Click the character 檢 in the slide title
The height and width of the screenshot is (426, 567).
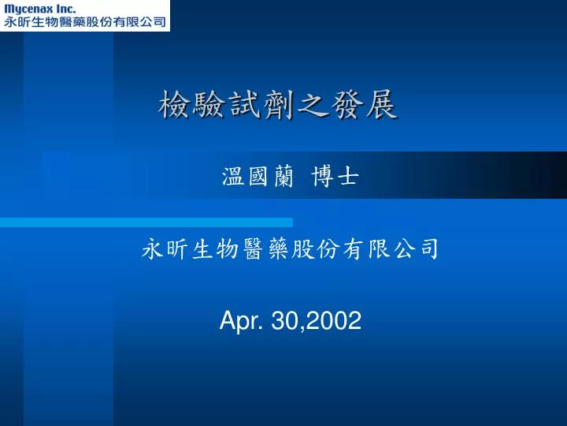pos(174,105)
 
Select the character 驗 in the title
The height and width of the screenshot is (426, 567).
pos(208,105)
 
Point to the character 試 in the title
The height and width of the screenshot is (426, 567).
pos(243,105)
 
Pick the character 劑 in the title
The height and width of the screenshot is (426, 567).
pos(278,105)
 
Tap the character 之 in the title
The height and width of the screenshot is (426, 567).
pos(312,105)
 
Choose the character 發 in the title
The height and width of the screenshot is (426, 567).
pos(346,105)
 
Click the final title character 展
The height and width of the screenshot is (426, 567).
pos(381,105)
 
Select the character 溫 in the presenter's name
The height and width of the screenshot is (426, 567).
pos(233,177)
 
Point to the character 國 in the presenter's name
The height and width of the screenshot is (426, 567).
pos(258,177)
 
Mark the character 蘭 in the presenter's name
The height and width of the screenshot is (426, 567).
pos(283,177)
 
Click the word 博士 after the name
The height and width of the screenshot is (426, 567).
pos(335,177)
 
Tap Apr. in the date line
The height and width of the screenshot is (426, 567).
pos(241,321)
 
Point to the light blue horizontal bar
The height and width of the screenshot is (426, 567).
pos(146,222)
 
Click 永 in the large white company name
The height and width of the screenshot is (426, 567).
pos(152,248)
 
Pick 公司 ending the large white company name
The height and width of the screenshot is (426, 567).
pos(417,248)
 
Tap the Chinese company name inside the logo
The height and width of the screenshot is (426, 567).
pos(85,22)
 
